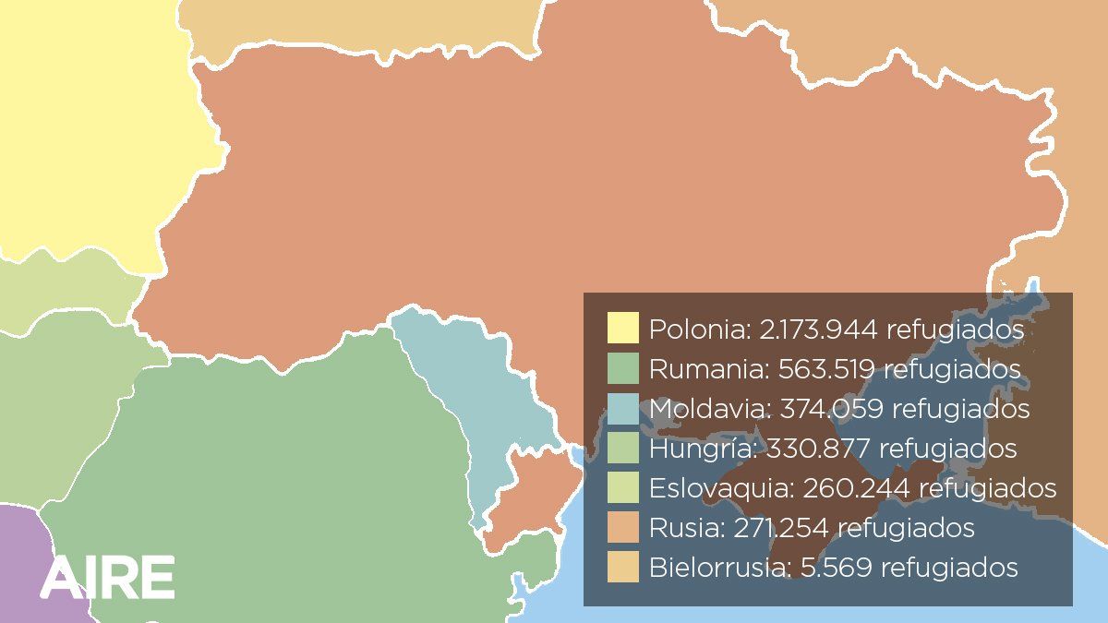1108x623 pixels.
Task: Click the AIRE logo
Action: [107, 577]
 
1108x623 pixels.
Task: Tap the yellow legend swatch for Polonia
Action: [623, 328]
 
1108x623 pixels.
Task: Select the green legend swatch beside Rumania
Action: [623, 368]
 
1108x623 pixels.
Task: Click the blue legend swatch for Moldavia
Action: [623, 408]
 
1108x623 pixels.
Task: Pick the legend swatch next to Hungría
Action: [623, 448]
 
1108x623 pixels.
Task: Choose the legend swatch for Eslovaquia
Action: [623, 487]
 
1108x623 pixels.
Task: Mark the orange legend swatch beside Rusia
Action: [623, 527]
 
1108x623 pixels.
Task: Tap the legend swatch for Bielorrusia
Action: [623, 567]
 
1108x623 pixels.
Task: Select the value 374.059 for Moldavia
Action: [832, 408]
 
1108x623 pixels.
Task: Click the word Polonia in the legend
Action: [696, 329]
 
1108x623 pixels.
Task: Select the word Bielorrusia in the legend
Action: [718, 567]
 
